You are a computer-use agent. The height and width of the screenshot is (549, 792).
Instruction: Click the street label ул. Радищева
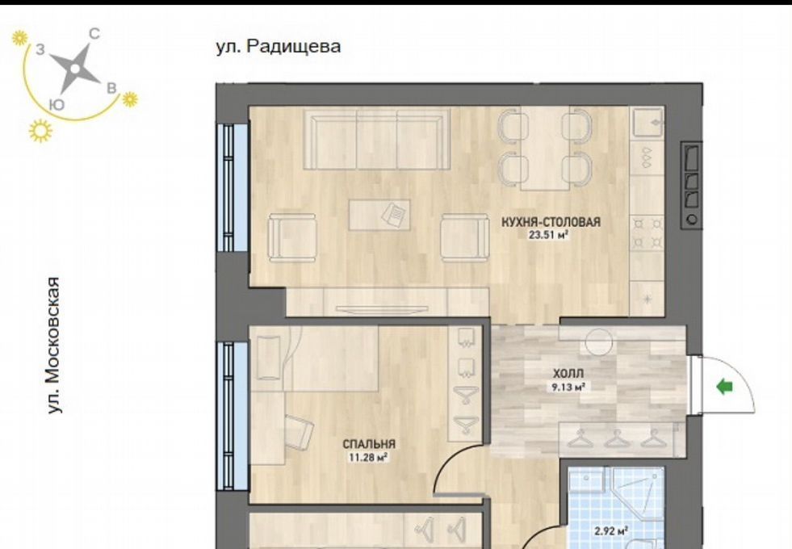[279, 47]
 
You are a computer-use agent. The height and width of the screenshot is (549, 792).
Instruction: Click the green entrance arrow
[725, 387]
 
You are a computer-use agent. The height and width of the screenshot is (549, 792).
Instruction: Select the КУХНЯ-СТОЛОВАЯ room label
[551, 222]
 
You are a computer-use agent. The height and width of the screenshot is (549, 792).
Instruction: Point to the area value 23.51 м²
[550, 234]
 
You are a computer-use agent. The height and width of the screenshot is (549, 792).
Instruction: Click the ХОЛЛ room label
[568, 374]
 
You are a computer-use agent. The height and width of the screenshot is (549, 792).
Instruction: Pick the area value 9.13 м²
[568, 388]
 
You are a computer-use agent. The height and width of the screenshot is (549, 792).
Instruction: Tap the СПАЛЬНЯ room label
[369, 445]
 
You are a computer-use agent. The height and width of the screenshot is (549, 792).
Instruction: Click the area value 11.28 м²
[368, 458]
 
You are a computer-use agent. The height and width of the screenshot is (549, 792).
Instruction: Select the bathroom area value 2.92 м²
[611, 531]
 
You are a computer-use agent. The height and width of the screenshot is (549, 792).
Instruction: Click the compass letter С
[94, 34]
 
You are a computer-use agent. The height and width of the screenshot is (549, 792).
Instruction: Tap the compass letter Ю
[57, 104]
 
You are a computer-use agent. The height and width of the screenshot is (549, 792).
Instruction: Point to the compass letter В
[111, 88]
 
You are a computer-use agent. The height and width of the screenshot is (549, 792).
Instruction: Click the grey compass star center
[75, 68]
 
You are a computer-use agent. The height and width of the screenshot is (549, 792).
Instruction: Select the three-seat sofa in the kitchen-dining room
[377, 140]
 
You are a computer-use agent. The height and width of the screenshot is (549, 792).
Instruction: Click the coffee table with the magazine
[379, 215]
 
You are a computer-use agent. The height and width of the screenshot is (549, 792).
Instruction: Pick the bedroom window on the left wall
[233, 416]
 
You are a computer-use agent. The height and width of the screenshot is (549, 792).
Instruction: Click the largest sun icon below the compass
[40, 131]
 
